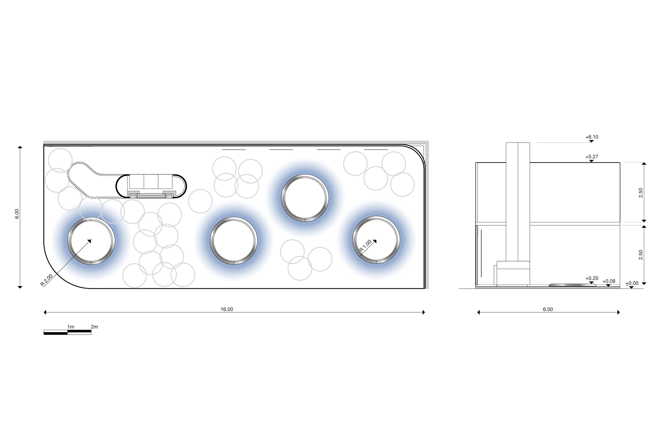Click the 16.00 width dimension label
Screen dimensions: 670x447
click(226, 309)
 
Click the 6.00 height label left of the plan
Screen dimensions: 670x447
click(17, 214)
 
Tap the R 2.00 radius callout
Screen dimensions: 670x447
click(46, 280)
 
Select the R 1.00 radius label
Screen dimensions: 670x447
click(365, 246)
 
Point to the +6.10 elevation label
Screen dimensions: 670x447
click(592, 137)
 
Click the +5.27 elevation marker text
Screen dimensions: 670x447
click(592, 156)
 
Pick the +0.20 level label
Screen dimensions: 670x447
click(592, 278)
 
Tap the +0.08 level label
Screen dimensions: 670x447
click(609, 281)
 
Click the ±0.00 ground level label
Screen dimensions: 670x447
click(632, 283)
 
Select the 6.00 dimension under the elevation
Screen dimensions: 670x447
click(548, 309)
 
